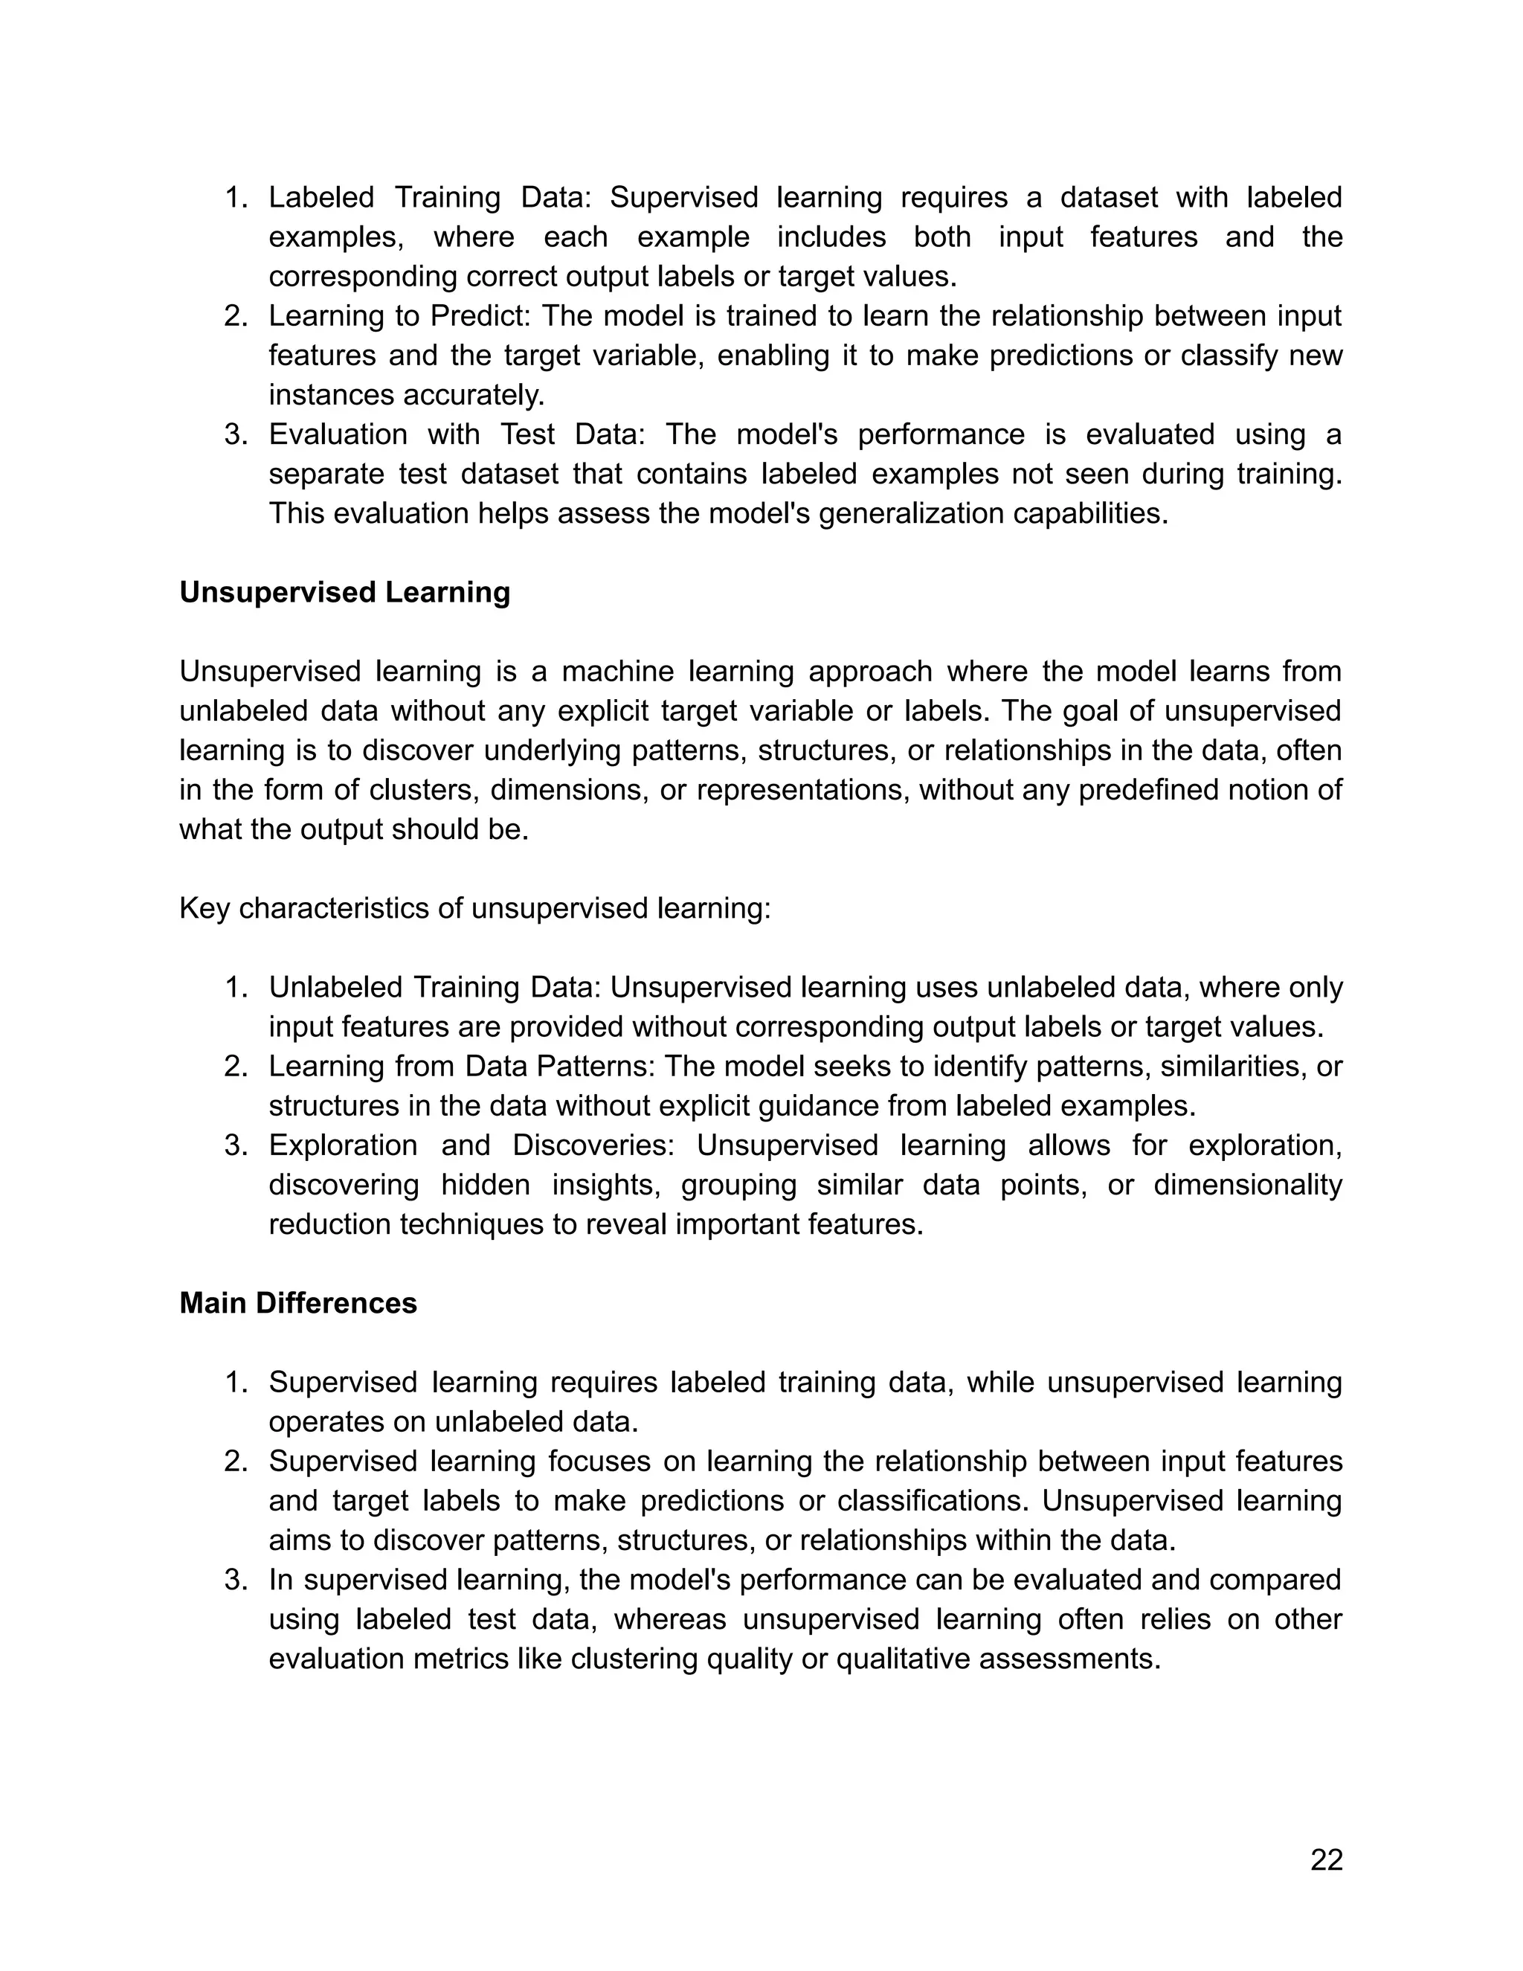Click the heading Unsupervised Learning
coord(344,593)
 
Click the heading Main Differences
coord(297,1303)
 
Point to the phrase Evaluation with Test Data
coord(456,435)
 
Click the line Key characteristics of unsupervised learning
coord(474,909)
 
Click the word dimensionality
coord(1247,1185)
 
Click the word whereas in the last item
coord(669,1620)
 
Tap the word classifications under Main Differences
coord(934,1502)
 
